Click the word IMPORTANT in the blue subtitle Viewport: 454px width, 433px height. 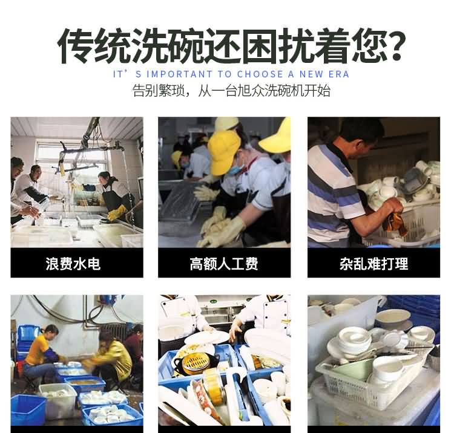[180, 74]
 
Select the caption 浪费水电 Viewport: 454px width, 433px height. [73, 264]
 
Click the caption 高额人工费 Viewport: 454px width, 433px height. [224, 264]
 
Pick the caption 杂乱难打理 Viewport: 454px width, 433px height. [374, 264]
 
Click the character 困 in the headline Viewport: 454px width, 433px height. [259, 46]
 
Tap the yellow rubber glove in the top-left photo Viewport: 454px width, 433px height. [116, 213]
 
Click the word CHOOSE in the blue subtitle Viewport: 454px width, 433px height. [260, 74]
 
